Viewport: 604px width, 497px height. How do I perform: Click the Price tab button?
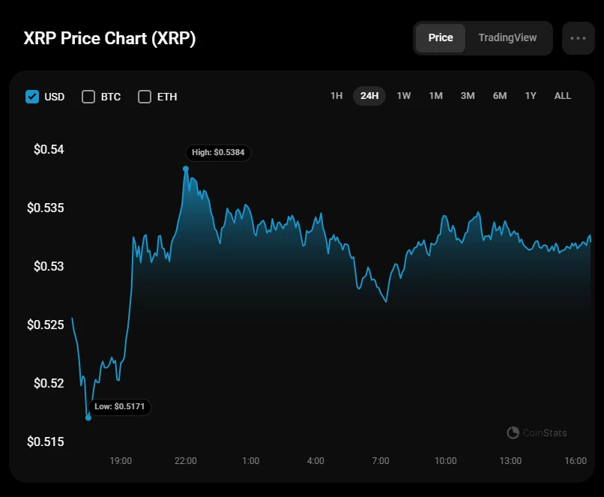click(x=441, y=37)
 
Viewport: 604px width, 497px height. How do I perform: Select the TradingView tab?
click(x=507, y=37)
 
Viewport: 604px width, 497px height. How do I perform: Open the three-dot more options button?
click(x=578, y=38)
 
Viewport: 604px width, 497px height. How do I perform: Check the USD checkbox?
click(x=32, y=97)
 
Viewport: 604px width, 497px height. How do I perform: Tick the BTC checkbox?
click(x=88, y=97)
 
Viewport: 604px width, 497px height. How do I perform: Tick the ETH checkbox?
click(x=145, y=97)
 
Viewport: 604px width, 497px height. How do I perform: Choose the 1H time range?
click(x=336, y=96)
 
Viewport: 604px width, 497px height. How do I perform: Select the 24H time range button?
click(x=369, y=96)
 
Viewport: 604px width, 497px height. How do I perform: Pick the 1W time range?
click(x=403, y=96)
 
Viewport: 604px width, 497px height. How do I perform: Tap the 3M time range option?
click(x=468, y=96)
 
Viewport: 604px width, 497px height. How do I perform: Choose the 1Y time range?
click(x=531, y=96)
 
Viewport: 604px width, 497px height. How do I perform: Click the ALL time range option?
click(x=563, y=96)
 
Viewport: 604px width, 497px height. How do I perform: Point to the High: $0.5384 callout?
click(x=217, y=152)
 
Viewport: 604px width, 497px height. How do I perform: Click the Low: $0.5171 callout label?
click(x=120, y=406)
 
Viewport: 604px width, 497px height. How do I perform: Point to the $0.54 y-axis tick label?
click(x=49, y=149)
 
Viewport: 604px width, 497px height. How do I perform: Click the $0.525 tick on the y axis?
click(x=46, y=325)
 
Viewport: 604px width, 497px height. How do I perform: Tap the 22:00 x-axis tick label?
click(x=186, y=460)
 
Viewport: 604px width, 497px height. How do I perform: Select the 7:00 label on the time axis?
click(x=381, y=460)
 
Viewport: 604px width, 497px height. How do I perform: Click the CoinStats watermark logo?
click(x=537, y=433)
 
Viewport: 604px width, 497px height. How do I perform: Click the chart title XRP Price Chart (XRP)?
click(x=110, y=38)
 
